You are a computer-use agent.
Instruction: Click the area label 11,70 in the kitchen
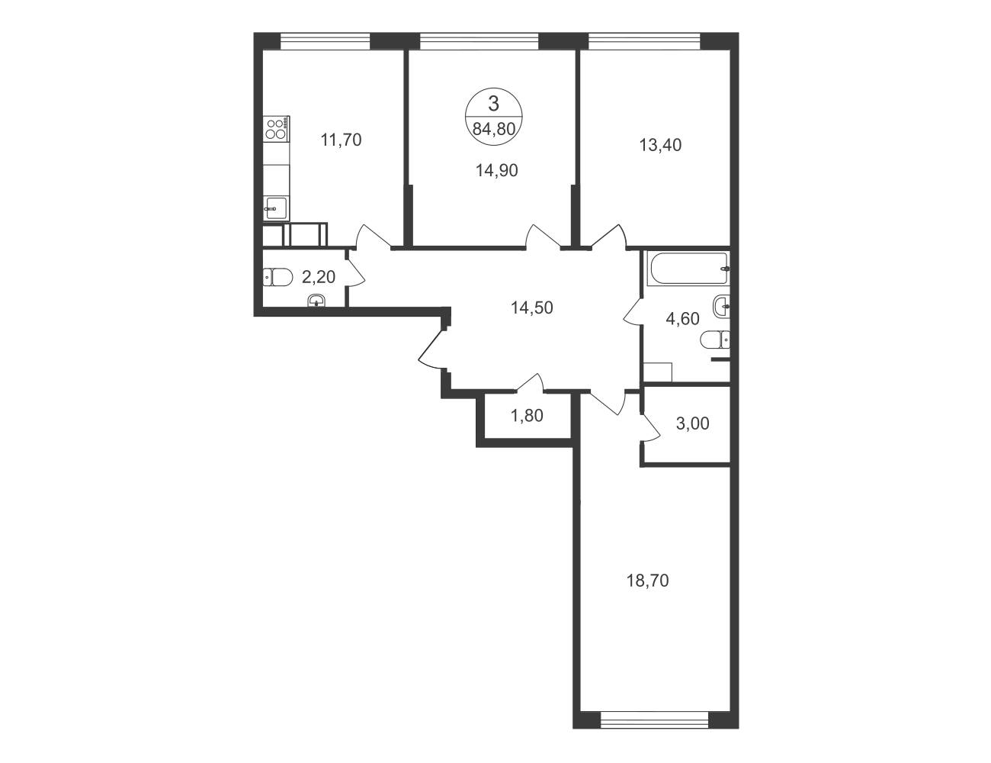coord(341,140)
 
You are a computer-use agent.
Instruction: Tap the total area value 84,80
coord(494,129)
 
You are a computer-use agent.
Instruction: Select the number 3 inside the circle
coord(494,104)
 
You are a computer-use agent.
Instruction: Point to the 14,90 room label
coord(496,170)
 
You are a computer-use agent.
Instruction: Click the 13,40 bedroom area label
coord(660,145)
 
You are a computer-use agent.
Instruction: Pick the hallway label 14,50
coord(532,307)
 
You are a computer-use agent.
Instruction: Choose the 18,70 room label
coord(648,581)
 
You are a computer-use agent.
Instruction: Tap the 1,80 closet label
coord(527,415)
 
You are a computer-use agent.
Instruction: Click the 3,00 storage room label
coord(692,423)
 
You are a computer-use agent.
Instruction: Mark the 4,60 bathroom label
coord(683,318)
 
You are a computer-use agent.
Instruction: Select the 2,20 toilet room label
coord(319,276)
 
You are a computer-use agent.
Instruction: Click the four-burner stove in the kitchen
coord(277,128)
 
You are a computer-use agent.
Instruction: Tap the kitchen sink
coord(277,208)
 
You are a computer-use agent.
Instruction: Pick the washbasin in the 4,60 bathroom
coord(720,306)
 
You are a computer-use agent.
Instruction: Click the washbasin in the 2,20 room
coord(316,301)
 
